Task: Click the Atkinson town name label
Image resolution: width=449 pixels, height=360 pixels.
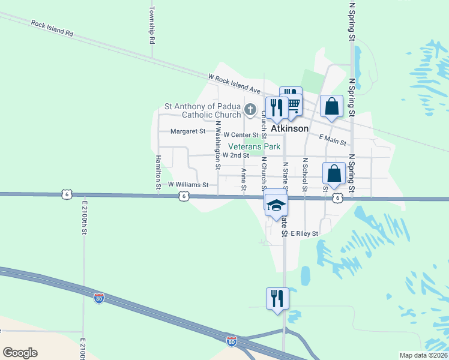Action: (290, 128)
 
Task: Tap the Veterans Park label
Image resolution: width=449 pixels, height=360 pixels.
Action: (255, 146)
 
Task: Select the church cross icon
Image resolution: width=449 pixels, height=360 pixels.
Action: (251, 110)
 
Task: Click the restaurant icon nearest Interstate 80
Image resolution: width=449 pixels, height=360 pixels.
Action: (277, 298)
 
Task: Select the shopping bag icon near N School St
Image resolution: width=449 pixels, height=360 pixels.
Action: (334, 173)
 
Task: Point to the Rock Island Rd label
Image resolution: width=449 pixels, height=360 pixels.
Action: (52, 29)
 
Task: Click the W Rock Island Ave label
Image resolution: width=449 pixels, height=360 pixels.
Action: (234, 83)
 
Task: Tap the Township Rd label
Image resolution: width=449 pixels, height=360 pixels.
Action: (152, 25)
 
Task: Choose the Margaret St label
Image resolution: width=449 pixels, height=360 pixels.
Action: (188, 131)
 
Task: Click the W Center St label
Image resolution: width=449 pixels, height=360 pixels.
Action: (241, 136)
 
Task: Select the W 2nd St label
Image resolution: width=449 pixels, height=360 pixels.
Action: (235, 155)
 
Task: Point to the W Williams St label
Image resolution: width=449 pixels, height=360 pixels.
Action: (188, 185)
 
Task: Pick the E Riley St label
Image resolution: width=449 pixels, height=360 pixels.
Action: (304, 233)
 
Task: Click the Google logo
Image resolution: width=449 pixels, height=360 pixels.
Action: (20, 353)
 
